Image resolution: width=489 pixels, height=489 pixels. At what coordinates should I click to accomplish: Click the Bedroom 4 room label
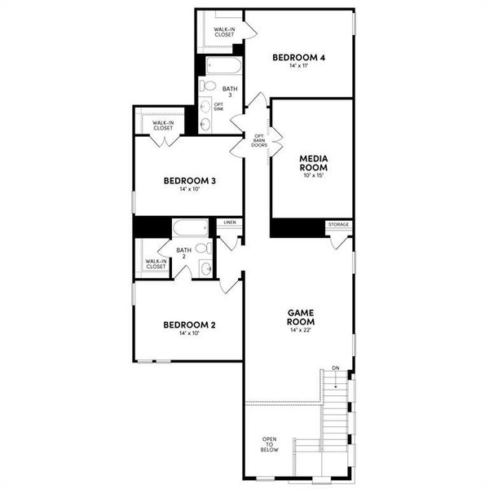pos(299,58)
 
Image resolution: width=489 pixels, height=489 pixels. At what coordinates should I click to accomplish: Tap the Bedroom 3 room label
pos(189,181)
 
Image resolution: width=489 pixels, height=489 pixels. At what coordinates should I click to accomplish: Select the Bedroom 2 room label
pos(189,325)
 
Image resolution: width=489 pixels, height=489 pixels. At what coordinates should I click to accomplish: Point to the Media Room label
pos(312,163)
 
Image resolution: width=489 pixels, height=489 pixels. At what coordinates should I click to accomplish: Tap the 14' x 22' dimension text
pos(301,330)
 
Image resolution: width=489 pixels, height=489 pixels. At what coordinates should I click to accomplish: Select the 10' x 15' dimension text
pos(312,175)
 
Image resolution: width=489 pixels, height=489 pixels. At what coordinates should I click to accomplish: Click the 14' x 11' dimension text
pos(299,66)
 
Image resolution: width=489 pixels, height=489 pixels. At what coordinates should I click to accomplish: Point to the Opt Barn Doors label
pos(259,140)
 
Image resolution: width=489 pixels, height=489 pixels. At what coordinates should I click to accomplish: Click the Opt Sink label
pos(218,108)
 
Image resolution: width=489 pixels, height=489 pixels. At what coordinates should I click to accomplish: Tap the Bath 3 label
pos(231,91)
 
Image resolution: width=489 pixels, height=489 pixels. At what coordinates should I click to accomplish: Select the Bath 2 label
pos(183,253)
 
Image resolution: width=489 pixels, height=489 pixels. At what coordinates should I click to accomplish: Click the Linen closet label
pos(229,222)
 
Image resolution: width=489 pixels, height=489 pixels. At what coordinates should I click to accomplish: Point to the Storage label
pos(338,224)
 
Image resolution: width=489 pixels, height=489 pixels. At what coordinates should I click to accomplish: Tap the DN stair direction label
pos(335,369)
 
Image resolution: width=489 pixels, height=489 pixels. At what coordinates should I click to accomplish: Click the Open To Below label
pos(270,444)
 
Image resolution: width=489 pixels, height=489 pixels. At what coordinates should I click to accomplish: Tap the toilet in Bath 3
pos(208,86)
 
